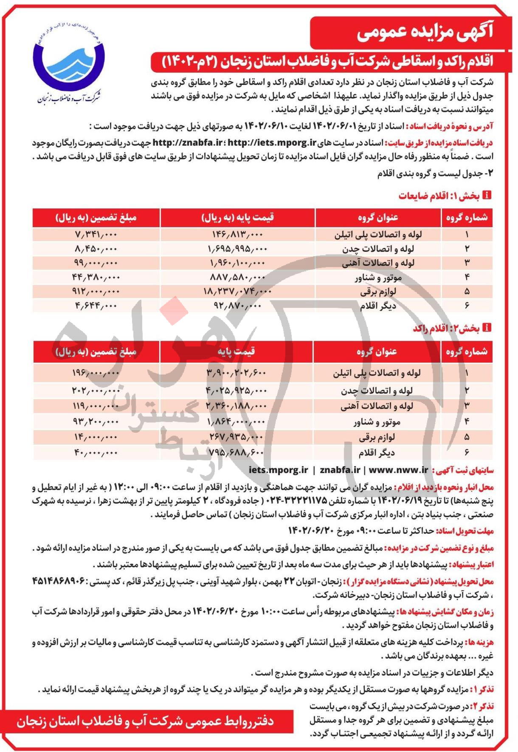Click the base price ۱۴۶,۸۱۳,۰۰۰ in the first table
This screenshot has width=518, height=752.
coord(237,234)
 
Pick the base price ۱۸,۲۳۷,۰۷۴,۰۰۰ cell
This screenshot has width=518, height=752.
coord(237,292)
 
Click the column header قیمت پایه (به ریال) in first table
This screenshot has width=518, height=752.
coord(237,217)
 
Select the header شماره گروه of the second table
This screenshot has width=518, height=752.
coord(467,352)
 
